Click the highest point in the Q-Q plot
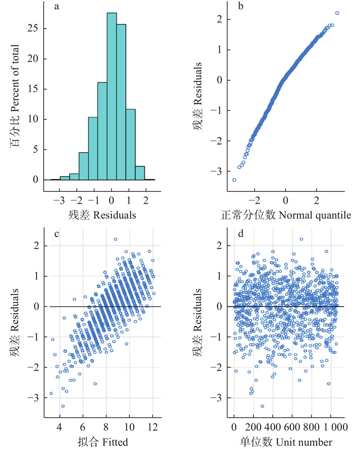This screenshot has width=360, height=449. [x=337, y=13]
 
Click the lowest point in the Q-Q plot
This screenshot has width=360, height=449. [x=234, y=180]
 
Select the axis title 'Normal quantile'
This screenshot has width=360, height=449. [x=315, y=215]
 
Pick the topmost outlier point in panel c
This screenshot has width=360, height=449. [x=116, y=239]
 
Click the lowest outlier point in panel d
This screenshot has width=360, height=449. [x=262, y=406]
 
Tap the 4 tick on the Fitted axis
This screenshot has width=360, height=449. [x=59, y=426]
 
